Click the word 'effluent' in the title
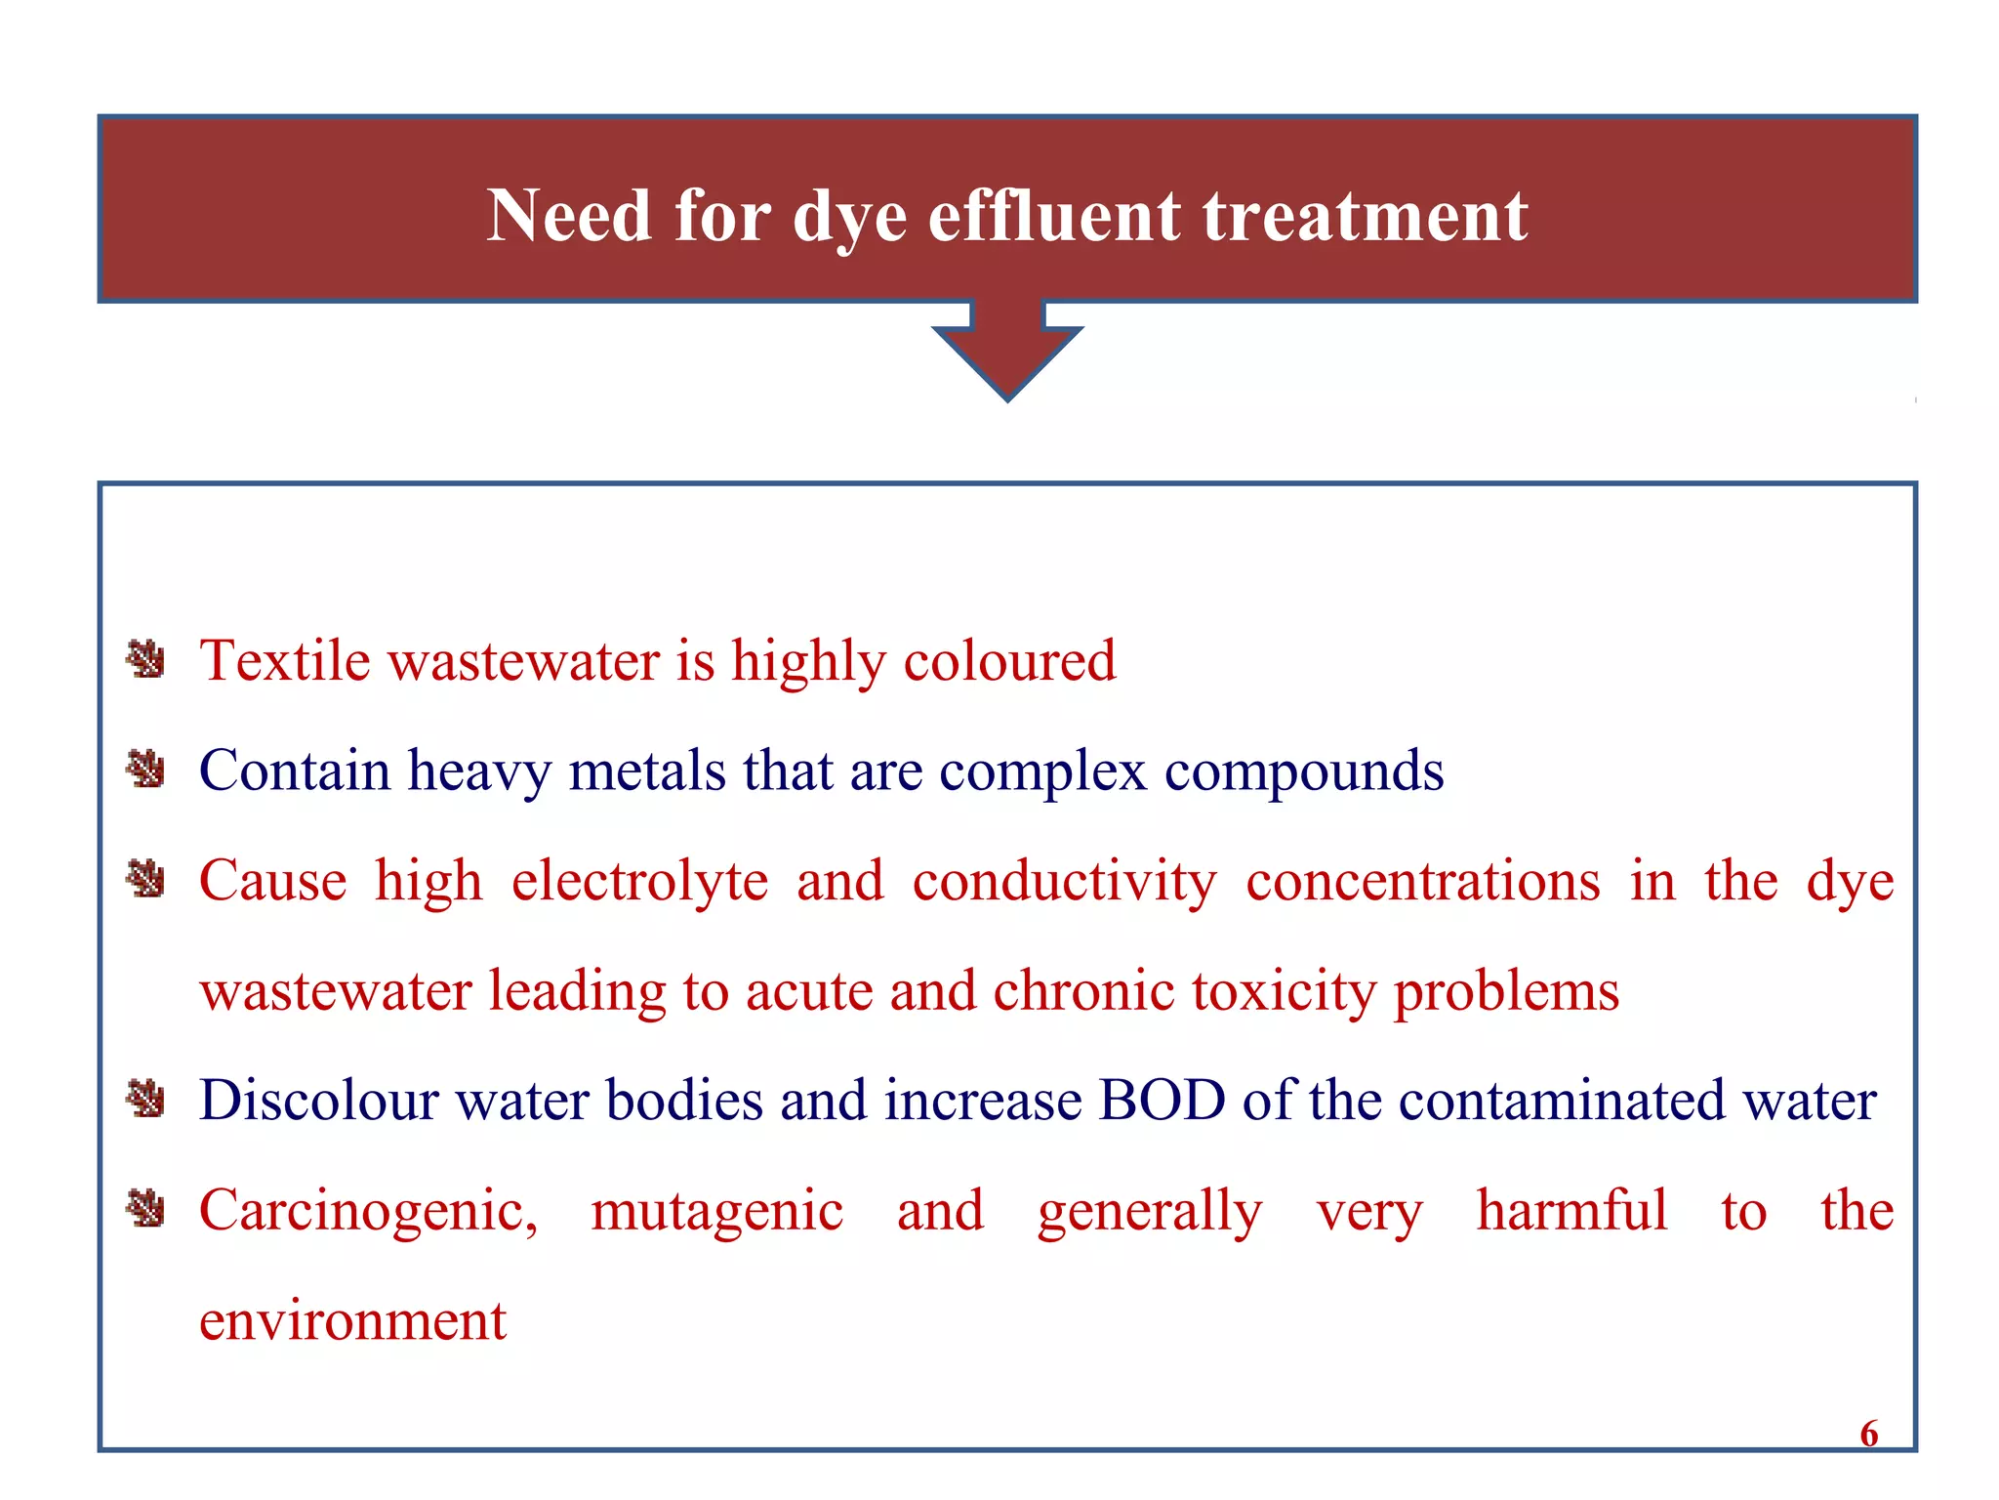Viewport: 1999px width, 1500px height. (x=1053, y=216)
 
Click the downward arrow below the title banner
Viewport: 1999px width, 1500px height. (x=1007, y=352)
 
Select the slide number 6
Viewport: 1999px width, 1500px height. (x=1868, y=1433)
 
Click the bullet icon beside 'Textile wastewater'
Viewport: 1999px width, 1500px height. (x=146, y=660)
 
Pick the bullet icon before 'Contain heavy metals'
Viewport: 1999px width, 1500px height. (x=146, y=770)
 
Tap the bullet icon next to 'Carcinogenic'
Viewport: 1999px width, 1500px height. (x=146, y=1210)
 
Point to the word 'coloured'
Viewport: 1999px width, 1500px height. (x=1009, y=661)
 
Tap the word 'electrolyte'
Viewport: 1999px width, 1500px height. (x=639, y=882)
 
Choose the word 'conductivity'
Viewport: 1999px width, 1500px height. (x=1065, y=882)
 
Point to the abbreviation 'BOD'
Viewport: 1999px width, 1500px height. (x=1162, y=1101)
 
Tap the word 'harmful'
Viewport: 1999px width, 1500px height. (x=1571, y=1210)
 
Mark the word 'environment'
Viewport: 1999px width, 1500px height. (x=352, y=1321)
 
